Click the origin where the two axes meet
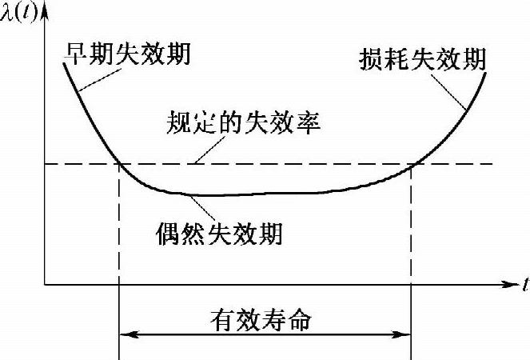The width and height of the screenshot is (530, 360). click(x=45, y=283)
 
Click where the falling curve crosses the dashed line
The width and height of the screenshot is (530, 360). click(x=119, y=164)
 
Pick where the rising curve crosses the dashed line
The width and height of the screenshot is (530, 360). click(x=411, y=164)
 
